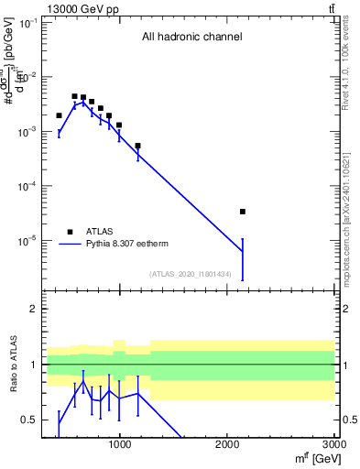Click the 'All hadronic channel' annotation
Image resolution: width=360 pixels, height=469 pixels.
point(191,38)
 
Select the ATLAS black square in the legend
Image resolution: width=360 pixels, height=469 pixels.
point(69,232)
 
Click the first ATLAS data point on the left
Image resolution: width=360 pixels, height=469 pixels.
point(59,115)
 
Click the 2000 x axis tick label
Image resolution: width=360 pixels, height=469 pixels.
point(227,445)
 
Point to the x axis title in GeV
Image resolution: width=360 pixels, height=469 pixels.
point(311,458)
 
